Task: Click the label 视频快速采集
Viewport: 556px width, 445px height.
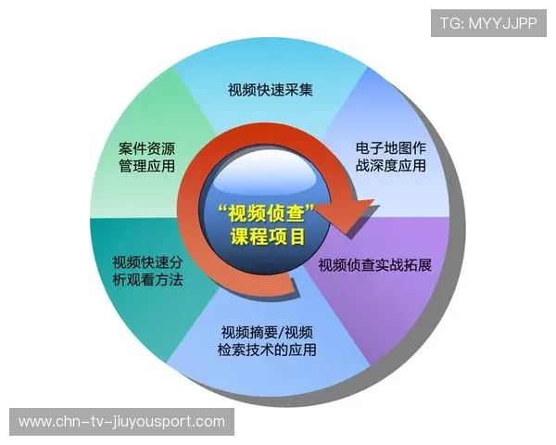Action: point(270,90)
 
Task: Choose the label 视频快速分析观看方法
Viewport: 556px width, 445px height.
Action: point(147,269)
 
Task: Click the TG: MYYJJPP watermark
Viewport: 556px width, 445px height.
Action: point(488,24)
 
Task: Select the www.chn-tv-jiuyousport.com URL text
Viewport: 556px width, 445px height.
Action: point(121,422)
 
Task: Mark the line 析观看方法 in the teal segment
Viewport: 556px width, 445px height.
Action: point(147,278)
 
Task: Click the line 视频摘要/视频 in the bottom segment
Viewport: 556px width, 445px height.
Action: point(268,332)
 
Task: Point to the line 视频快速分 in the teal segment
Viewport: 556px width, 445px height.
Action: point(147,260)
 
